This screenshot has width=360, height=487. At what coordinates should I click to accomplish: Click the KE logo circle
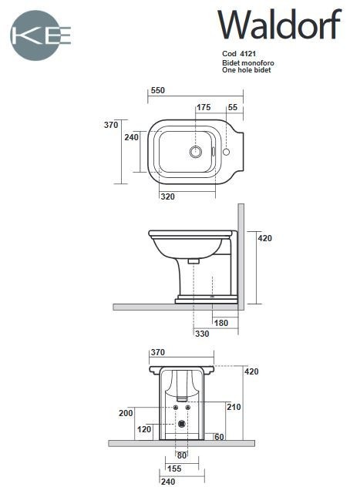point(40,35)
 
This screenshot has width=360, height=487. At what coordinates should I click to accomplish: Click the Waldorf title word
point(278,25)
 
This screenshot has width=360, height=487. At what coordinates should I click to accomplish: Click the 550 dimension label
point(157,90)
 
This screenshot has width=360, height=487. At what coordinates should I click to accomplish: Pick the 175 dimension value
point(204,107)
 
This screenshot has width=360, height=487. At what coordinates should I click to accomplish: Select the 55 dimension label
point(233,107)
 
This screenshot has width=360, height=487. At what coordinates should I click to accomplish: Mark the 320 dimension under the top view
point(167,196)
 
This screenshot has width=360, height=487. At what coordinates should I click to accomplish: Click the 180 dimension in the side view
point(220,322)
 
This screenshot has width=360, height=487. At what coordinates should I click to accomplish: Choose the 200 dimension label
point(126,413)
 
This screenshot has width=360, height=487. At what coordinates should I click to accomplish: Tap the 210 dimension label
point(234,406)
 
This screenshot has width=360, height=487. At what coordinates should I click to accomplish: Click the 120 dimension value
point(143,428)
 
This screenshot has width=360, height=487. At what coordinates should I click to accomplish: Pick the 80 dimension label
point(181,455)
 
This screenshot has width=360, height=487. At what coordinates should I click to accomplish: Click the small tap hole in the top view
point(226,152)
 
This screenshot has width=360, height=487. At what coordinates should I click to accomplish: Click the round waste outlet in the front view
point(182,423)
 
